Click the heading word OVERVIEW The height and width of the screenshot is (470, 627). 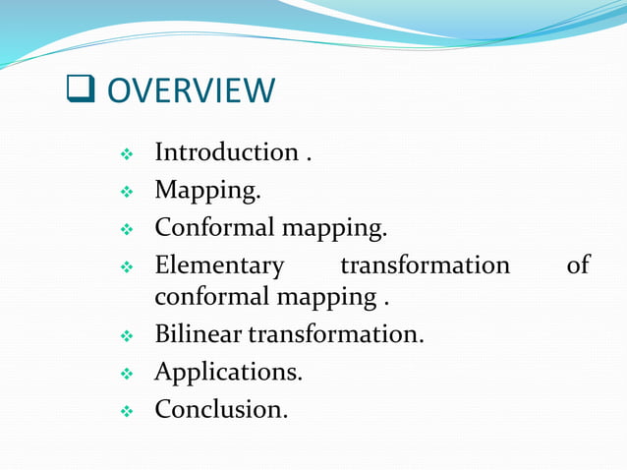191,91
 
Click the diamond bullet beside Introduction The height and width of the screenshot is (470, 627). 126,155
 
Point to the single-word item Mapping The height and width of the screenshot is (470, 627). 207,191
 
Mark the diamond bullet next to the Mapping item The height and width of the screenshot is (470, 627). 126,193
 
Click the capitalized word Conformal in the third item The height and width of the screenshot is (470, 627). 215,228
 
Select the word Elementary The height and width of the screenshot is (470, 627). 219,265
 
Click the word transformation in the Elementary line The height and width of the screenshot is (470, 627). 425,265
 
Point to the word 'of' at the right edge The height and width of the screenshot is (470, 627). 578,265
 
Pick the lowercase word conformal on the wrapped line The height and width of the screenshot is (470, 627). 215,296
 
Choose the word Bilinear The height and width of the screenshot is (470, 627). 199,334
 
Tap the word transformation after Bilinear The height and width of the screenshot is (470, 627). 336,334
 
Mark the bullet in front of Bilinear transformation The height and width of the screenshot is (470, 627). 126,336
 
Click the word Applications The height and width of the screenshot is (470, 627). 228,373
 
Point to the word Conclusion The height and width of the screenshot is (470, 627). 221,409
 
